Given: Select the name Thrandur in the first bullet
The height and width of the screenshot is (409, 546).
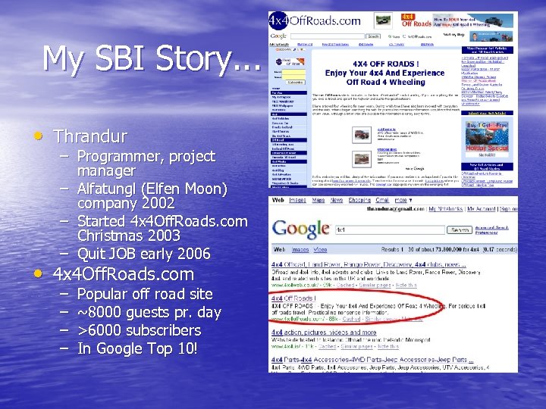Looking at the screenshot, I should tap(90, 137).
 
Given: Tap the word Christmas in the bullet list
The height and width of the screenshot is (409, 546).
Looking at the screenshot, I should tap(115, 236).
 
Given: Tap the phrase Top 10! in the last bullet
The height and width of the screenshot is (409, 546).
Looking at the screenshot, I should tap(172, 348).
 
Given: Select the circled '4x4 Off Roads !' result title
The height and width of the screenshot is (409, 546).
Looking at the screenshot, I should tap(293, 299).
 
